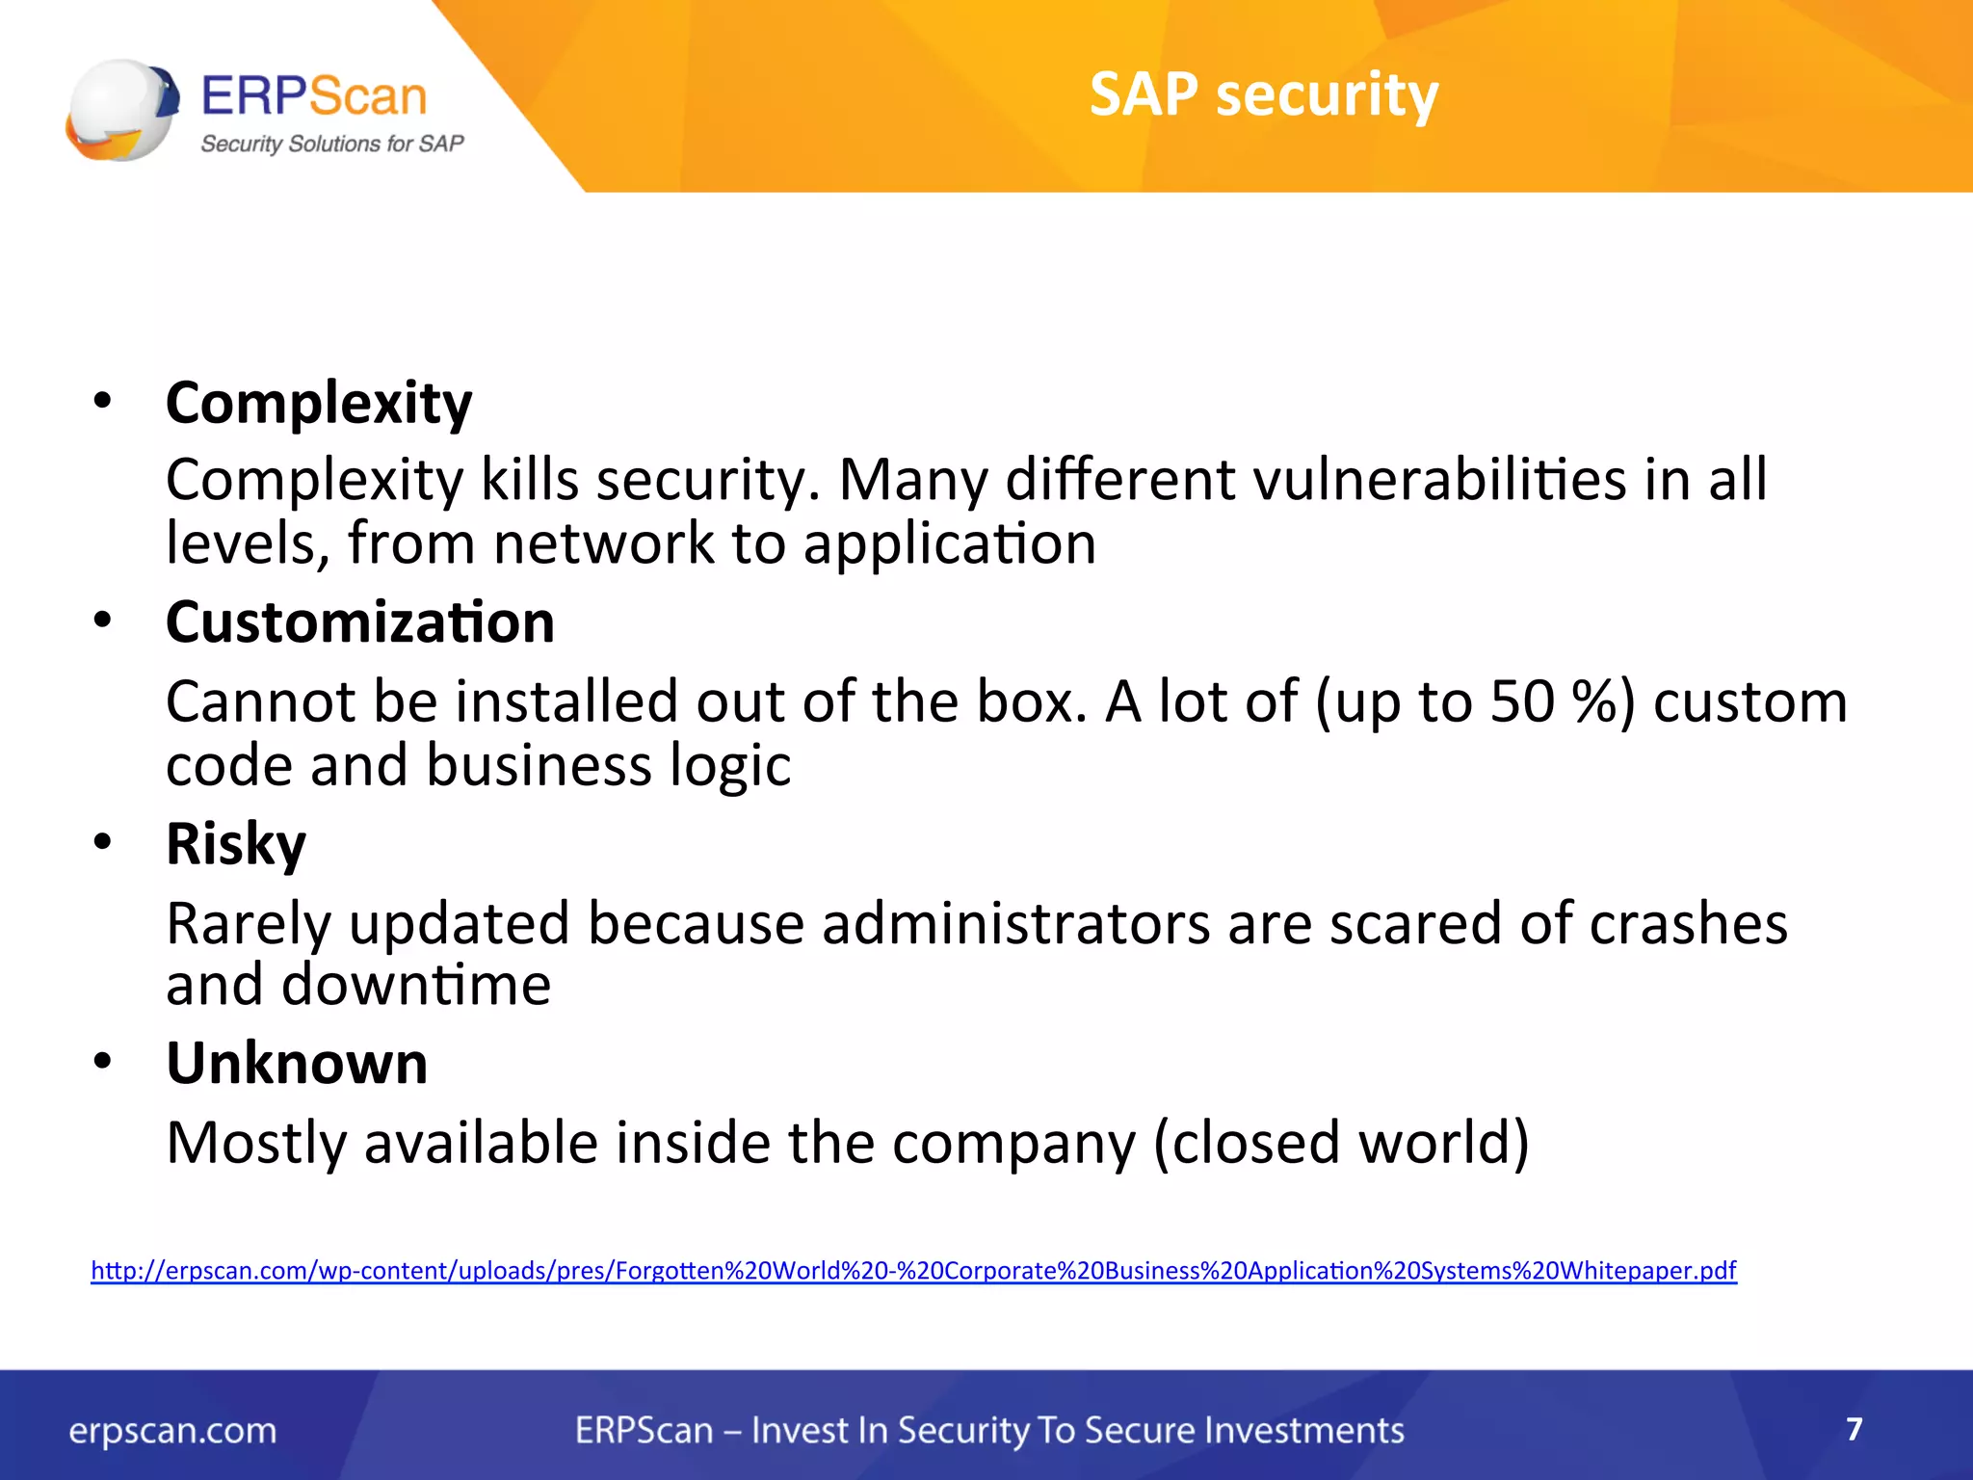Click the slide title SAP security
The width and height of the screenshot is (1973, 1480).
pyautogui.click(x=1263, y=94)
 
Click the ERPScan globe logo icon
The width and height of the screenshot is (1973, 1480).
pyautogui.click(x=122, y=110)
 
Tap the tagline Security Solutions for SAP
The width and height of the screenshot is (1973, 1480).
pyautogui.click(x=331, y=144)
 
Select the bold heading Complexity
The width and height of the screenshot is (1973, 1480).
pyautogui.click(x=319, y=403)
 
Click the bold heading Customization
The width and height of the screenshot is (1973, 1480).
pyautogui.click(x=360, y=622)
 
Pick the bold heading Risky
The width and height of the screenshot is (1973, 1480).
pyautogui.click(x=236, y=844)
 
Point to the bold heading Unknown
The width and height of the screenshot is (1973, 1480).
pyautogui.click(x=297, y=1064)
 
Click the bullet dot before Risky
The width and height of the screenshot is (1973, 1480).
pyautogui.click(x=103, y=843)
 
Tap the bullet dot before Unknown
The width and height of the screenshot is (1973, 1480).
pyautogui.click(x=103, y=1062)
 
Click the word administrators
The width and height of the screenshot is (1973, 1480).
pyautogui.click(x=1015, y=924)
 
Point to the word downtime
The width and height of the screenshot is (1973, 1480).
pyautogui.click(x=415, y=985)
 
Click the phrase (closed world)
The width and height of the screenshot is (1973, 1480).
pyautogui.click(x=1341, y=1143)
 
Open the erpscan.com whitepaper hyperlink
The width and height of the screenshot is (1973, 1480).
pyautogui.click(x=913, y=1270)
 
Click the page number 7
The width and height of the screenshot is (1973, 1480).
pyautogui.click(x=1855, y=1429)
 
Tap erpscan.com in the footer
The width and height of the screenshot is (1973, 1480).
pyautogui.click(x=172, y=1431)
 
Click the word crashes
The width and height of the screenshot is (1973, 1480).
pyautogui.click(x=1688, y=924)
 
